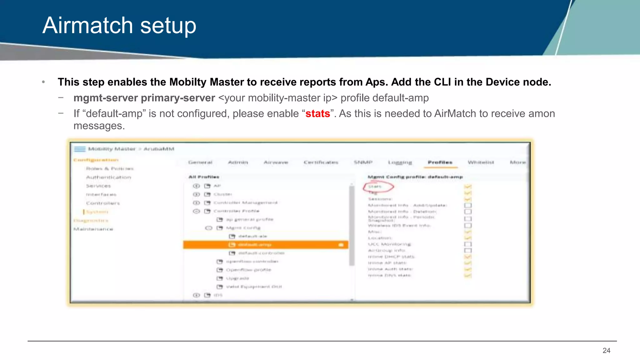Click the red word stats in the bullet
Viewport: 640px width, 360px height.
(317, 114)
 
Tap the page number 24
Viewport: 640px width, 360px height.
(606, 351)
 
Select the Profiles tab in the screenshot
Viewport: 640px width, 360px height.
(440, 162)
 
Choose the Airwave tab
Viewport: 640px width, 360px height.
(276, 162)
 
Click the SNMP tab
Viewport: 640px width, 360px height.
(363, 162)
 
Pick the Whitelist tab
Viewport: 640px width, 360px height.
(481, 162)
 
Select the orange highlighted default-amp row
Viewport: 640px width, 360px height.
(266, 245)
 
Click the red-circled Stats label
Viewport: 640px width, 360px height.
(375, 187)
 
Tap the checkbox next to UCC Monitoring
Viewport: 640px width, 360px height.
(468, 244)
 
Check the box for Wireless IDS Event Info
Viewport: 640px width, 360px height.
(468, 226)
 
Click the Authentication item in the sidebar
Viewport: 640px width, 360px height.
(108, 177)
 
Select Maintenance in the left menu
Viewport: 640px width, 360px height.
(93, 229)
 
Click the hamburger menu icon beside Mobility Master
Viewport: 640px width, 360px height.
(80, 149)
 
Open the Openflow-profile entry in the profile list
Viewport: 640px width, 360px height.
(248, 270)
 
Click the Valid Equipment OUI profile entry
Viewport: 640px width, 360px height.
(254, 287)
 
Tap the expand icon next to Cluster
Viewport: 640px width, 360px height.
(196, 194)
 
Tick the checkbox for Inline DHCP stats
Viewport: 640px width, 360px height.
(468, 257)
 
